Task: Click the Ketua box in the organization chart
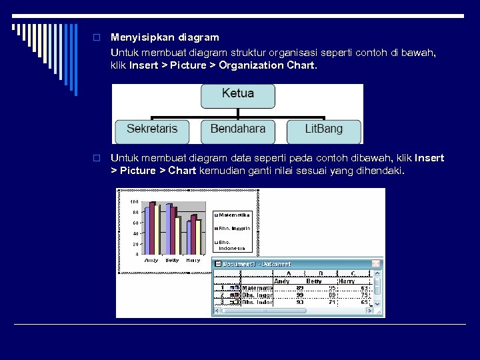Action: click(x=237, y=95)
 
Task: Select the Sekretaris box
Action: click(x=152, y=130)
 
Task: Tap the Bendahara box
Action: click(x=237, y=130)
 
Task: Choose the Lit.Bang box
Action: click(x=323, y=130)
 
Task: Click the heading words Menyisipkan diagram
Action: click(x=165, y=37)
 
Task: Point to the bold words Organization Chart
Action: click(x=267, y=66)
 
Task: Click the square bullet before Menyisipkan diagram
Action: click(x=97, y=37)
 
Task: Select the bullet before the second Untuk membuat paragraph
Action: click(x=97, y=159)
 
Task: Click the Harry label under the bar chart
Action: click(x=193, y=260)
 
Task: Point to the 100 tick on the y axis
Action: click(x=134, y=202)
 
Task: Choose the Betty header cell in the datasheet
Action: click(x=313, y=281)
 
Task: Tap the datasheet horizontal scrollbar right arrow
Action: click(x=368, y=310)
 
